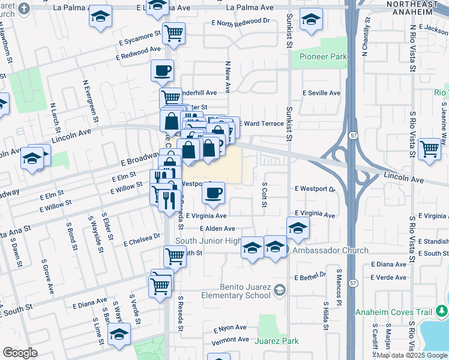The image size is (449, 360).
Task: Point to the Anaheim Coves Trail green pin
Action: tap(442, 311)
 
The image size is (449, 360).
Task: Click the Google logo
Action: tap(20, 353)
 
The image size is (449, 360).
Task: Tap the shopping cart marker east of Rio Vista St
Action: tap(430, 148)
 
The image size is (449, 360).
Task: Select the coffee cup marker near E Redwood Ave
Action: tap(162, 70)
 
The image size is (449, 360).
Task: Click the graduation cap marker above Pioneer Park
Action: tap(311, 20)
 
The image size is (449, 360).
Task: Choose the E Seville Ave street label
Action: tap(321, 93)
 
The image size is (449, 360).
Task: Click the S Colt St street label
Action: tap(264, 195)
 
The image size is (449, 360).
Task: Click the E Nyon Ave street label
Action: tap(231, 328)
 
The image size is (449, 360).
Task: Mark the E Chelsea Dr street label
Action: tap(142, 240)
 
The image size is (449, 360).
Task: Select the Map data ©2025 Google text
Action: tap(412, 355)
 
